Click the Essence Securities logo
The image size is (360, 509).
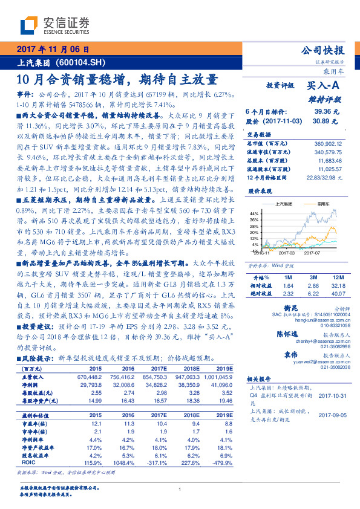pyautogui.click(x=55, y=25)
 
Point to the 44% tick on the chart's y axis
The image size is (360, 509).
pyautogui.click(x=254, y=213)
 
